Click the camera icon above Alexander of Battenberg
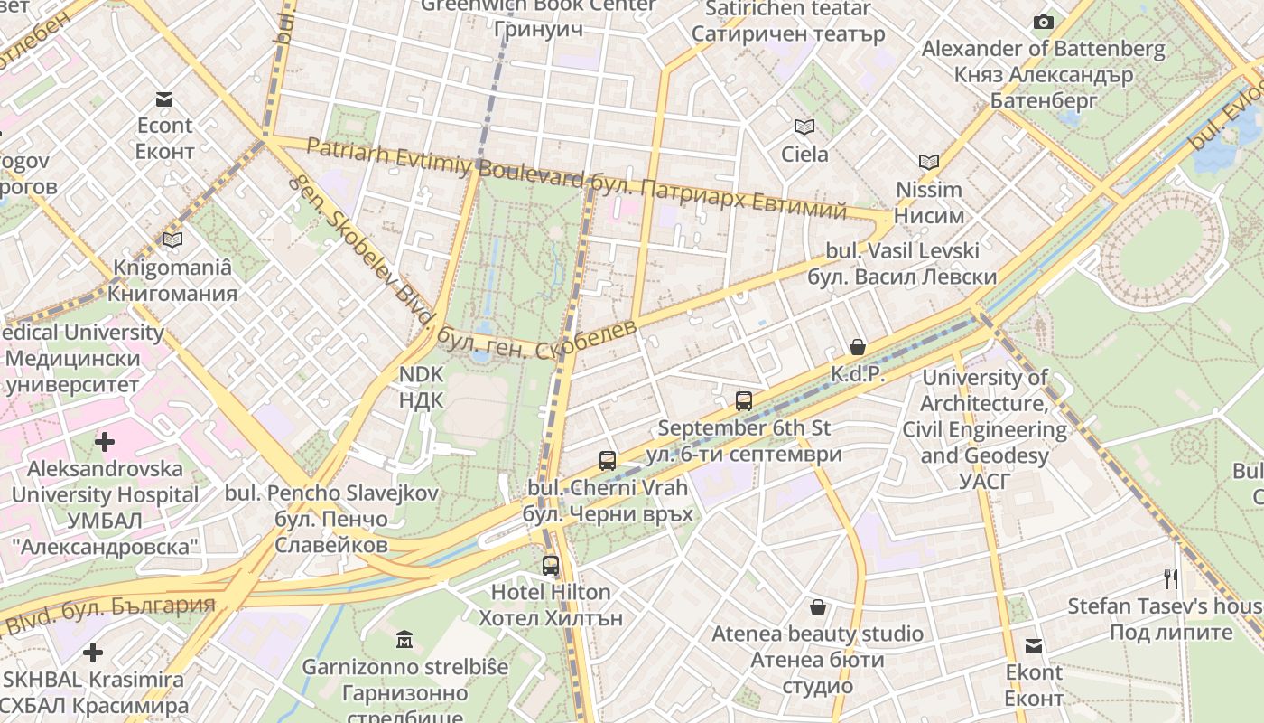pos(1044,22)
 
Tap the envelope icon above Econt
pos(164,99)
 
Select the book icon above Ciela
pos(804,127)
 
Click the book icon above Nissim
pos(929,163)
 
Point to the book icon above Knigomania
pos(172,240)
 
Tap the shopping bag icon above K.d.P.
pos(857,347)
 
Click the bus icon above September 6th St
pos(744,400)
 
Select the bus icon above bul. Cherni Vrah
pos(608,460)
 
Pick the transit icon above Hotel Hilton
pos(550,566)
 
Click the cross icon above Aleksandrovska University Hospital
pos(105,442)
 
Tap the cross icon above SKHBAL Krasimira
pos(92,653)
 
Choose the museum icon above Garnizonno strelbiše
pos(404,640)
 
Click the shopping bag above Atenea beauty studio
pos(817,607)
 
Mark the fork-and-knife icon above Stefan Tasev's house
pos(1170,578)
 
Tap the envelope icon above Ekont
pos(1034,646)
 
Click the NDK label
pos(421,386)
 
